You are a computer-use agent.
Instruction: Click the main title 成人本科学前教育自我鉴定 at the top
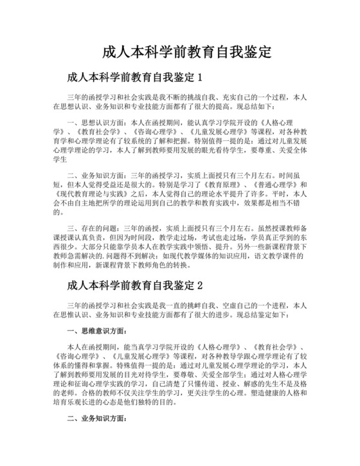pyautogui.click(x=186, y=51)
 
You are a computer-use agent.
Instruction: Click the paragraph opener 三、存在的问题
pyautogui.click(x=96, y=228)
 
